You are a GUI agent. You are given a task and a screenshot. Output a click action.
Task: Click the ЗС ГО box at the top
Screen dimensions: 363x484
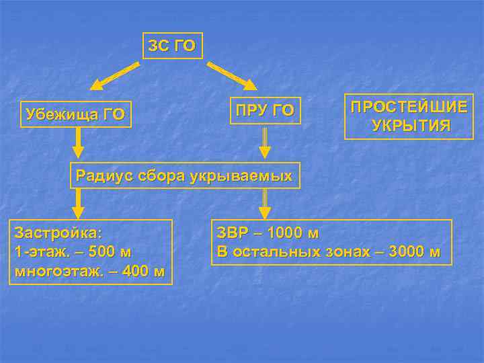tap(172, 46)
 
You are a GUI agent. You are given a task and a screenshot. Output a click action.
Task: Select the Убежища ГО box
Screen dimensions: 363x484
tap(75, 114)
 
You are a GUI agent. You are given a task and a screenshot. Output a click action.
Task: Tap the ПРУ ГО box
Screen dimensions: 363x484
tap(263, 110)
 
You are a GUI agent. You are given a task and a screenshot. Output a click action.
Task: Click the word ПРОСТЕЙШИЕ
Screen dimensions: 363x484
tap(409, 108)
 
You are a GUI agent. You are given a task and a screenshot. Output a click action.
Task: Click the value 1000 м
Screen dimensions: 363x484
tap(292, 234)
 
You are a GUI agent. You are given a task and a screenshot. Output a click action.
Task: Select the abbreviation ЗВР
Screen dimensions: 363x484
tap(233, 234)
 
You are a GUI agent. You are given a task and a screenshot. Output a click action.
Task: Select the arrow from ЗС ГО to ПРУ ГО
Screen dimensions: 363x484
tap(233, 76)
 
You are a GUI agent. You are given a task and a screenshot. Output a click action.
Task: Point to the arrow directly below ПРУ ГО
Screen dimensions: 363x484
tap(265, 143)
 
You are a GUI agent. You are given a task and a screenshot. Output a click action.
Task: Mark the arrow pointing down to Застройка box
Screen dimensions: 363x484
tap(79, 203)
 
